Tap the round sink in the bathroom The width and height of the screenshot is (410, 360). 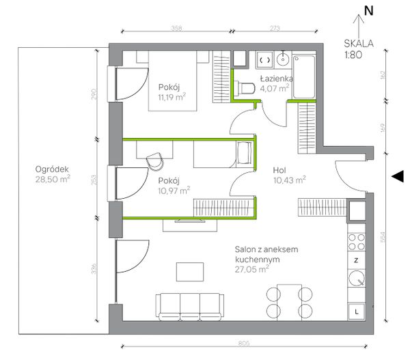(283, 59)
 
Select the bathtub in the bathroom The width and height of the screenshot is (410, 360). (304, 77)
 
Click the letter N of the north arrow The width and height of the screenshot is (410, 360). (369, 11)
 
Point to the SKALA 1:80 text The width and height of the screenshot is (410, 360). (358, 49)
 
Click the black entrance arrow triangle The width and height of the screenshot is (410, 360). (398, 176)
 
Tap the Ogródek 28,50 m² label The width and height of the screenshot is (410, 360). (53, 174)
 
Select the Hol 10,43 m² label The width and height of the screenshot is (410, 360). (290, 175)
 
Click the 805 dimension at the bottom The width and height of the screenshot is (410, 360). (244, 343)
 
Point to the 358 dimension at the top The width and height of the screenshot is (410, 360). (176, 28)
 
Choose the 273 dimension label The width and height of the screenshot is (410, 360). (275, 28)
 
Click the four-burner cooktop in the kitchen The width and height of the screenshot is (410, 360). (357, 242)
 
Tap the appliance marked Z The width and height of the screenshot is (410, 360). (356, 260)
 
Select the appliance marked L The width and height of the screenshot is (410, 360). (356, 311)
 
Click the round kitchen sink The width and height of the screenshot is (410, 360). (356, 279)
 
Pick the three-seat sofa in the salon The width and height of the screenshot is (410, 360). (190, 307)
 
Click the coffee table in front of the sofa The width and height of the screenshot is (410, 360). (190, 272)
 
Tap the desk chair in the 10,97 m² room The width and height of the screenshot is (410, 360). (155, 161)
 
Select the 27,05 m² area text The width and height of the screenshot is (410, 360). (251, 268)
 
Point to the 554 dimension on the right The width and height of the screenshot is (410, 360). (383, 238)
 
